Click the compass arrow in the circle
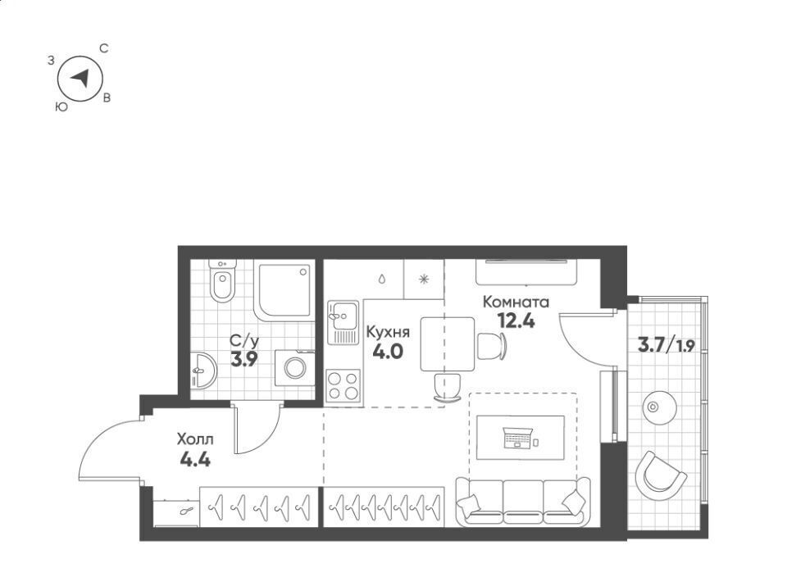click(x=80, y=78)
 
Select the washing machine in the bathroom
click(x=294, y=368)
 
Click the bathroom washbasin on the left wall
click(x=203, y=371)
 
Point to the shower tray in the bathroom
click(x=284, y=290)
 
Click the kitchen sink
click(x=343, y=322)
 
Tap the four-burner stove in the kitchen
click(x=343, y=385)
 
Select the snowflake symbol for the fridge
click(x=424, y=279)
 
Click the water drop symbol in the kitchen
click(x=382, y=279)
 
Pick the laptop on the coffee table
click(x=517, y=438)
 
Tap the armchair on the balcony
click(x=659, y=475)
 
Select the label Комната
click(x=516, y=302)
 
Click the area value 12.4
click(x=516, y=320)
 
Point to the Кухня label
click(x=388, y=332)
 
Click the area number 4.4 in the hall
click(x=195, y=459)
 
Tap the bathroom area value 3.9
click(x=244, y=359)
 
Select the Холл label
click(x=195, y=440)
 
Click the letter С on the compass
click(x=104, y=48)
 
